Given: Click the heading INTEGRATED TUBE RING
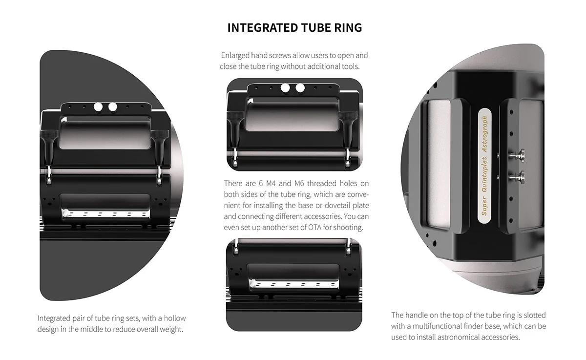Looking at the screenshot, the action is (x=294, y=28).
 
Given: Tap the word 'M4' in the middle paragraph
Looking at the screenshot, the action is (x=271, y=183).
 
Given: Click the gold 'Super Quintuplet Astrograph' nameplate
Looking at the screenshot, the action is (x=484, y=166).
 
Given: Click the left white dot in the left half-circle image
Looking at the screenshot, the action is (x=98, y=107).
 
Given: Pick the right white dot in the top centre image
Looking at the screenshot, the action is (x=300, y=88).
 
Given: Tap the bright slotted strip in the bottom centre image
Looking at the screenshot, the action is (x=293, y=284).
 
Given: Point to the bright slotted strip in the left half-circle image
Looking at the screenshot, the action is (x=105, y=214).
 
